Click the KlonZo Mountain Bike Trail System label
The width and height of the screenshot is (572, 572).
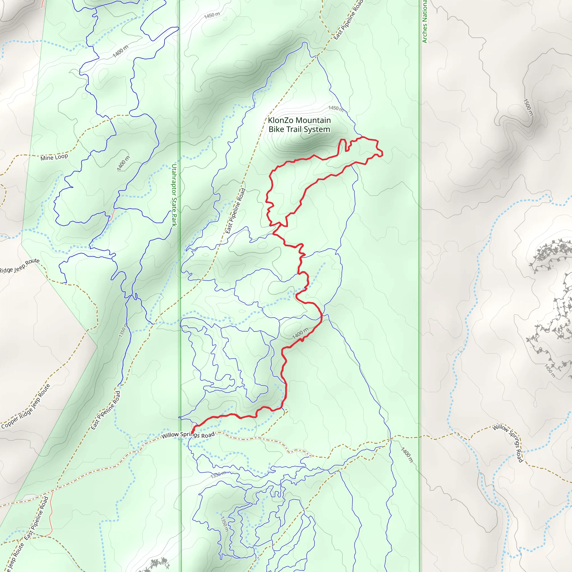click(299, 125)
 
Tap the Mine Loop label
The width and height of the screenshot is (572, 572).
click(54, 157)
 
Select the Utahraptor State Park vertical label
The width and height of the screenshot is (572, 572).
click(174, 196)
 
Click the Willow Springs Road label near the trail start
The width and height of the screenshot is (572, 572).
click(188, 435)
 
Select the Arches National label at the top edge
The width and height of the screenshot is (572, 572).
click(425, 21)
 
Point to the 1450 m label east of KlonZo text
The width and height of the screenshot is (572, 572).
click(336, 109)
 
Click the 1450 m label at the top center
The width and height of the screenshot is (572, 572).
click(212, 15)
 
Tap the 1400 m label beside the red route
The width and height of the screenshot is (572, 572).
click(300, 333)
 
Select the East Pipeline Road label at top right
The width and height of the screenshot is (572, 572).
click(348, 20)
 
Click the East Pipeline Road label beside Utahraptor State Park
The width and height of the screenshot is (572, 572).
click(236, 211)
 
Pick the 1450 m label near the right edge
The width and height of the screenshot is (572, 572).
click(550, 371)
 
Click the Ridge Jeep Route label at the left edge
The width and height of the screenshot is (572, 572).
click(20, 266)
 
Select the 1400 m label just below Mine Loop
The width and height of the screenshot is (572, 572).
click(123, 163)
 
